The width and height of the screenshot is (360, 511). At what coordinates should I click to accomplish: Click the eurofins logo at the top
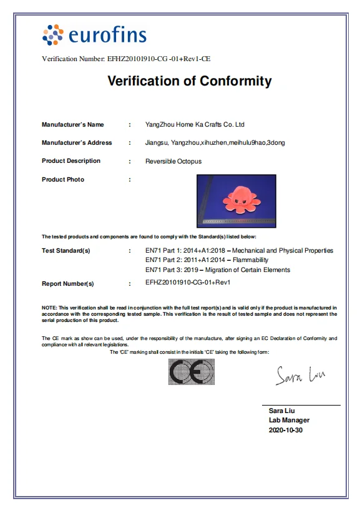click(x=94, y=35)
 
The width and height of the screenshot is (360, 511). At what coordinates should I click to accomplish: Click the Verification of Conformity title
click(x=190, y=81)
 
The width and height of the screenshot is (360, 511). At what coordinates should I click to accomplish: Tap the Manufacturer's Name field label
click(x=73, y=125)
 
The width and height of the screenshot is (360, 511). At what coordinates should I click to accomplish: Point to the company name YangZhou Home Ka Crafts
click(x=195, y=125)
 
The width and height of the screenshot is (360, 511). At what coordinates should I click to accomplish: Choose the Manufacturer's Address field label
click(x=77, y=143)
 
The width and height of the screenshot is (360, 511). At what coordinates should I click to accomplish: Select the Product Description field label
click(x=71, y=161)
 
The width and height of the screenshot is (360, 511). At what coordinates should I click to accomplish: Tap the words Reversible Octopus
click(x=173, y=162)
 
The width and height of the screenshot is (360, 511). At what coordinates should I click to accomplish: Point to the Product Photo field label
click(x=63, y=180)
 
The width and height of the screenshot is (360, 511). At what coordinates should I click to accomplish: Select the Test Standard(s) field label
click(x=66, y=251)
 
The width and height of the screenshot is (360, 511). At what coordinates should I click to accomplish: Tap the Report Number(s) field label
click(x=68, y=284)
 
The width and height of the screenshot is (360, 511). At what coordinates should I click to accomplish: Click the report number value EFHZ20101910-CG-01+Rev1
click(x=188, y=283)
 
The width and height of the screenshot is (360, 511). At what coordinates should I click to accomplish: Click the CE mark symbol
click(x=192, y=373)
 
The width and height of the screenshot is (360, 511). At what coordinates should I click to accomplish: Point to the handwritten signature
click(x=299, y=375)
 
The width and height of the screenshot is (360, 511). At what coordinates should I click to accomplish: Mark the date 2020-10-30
click(x=286, y=430)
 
